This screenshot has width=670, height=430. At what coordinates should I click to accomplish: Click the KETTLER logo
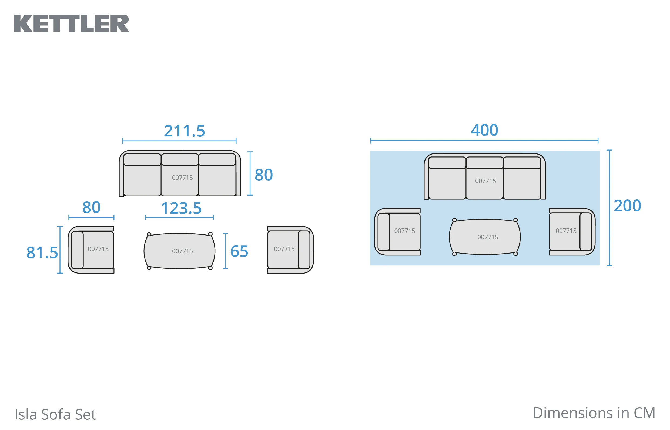tap(72, 23)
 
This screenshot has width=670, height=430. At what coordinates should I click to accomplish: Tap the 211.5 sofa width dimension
tap(184, 131)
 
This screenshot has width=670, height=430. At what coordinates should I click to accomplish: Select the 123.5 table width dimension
tap(181, 208)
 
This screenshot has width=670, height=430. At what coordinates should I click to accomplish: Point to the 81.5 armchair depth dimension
tap(42, 253)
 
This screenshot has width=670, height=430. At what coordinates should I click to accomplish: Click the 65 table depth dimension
tap(239, 251)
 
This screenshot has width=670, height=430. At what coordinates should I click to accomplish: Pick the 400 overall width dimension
tap(485, 130)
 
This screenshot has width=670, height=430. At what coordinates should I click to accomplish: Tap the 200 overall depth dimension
tap(627, 206)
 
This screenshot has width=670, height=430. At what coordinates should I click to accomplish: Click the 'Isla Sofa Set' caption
tap(55, 414)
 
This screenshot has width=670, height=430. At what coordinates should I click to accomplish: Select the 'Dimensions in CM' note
tap(594, 413)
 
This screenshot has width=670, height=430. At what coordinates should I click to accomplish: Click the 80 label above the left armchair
tap(91, 207)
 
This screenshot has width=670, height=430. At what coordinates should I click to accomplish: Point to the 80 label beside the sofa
tap(264, 175)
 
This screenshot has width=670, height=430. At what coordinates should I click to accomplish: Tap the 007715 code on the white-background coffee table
tap(182, 251)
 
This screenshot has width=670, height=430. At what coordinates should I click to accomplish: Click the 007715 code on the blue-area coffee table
tap(488, 237)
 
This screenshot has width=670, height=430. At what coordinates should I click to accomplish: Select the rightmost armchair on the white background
tap(290, 250)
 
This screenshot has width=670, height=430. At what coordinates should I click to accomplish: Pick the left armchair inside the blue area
tap(397, 232)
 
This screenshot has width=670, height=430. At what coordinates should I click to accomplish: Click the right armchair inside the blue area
tap(572, 232)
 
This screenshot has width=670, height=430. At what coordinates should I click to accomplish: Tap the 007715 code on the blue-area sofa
tap(485, 181)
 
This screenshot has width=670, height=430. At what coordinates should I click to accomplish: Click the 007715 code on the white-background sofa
tap(182, 178)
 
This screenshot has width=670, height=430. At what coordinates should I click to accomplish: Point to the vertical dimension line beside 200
tap(609, 208)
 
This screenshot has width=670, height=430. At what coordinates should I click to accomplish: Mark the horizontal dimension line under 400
tap(484, 141)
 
